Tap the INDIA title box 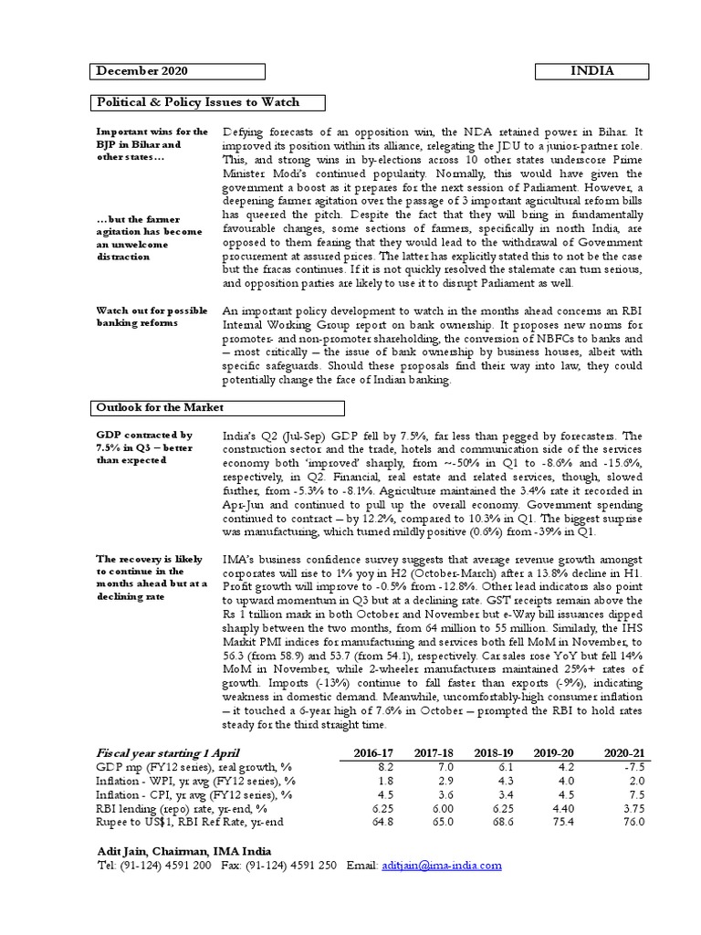click(592, 70)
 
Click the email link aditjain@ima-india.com click(442, 864)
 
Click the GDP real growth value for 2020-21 click(633, 769)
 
